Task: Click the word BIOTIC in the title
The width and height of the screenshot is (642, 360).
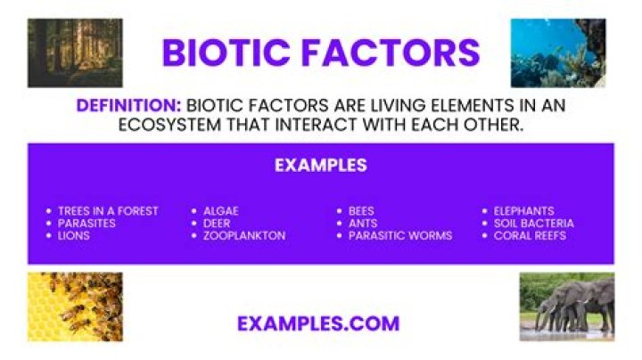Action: (226, 53)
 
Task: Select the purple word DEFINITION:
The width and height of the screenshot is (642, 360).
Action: (128, 105)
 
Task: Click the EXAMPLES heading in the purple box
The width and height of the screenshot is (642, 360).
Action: (321, 165)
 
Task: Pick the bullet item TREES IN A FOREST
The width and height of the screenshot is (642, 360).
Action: (108, 211)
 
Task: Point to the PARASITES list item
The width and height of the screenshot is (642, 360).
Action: (86, 224)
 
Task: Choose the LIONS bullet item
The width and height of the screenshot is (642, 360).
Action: (74, 235)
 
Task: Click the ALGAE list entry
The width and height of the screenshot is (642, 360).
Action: (221, 211)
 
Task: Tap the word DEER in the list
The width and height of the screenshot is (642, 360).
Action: (217, 224)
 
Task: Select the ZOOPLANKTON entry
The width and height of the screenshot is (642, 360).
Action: (244, 235)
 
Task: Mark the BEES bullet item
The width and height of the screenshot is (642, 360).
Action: (361, 211)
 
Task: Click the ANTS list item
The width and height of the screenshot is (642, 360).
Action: (363, 224)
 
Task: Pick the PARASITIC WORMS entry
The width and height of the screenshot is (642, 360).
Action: (400, 235)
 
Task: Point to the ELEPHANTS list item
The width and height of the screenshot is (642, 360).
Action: (523, 211)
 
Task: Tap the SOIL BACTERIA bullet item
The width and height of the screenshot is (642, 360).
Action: (534, 224)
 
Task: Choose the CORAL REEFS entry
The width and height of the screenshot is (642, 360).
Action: (530, 235)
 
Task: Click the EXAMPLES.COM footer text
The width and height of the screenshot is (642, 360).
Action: (318, 323)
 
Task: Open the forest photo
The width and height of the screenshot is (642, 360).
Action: (75, 53)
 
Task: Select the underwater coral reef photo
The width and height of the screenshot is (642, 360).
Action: (558, 53)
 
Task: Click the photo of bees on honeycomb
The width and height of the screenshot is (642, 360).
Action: (75, 307)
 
